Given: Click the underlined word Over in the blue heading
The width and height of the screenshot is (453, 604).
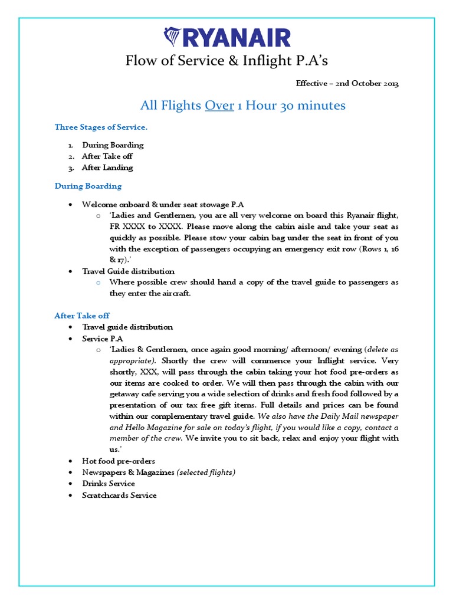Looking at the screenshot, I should click(219, 106).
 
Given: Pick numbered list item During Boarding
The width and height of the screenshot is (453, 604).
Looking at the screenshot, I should click(113, 145).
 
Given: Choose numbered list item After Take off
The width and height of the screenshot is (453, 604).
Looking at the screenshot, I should click(107, 156).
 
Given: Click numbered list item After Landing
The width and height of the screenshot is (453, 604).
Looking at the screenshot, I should click(107, 168).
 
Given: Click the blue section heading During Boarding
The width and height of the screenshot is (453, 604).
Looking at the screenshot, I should click(88, 186).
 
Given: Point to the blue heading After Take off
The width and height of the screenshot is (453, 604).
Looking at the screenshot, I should click(82, 316).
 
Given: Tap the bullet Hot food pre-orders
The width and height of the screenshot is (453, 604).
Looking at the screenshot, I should click(119, 461).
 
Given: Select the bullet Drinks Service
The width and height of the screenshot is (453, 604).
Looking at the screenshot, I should click(109, 484).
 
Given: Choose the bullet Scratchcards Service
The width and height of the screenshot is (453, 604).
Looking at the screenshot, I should click(119, 495).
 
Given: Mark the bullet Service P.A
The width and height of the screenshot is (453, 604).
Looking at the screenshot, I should click(103, 339).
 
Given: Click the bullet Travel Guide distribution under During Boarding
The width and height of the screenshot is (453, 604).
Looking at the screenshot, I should click(128, 271).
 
